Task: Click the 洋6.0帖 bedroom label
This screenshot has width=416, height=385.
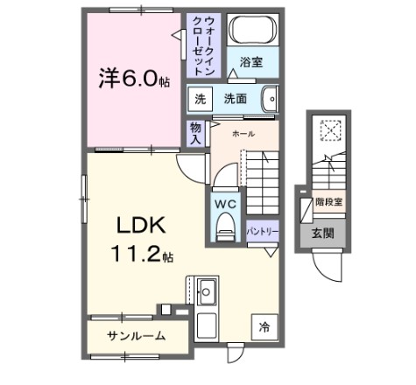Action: [132, 78]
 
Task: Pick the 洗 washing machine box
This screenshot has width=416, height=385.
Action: [201, 99]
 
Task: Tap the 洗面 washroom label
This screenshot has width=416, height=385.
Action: [234, 99]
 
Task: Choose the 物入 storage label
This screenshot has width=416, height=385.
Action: [196, 132]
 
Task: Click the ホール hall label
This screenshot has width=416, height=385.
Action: [244, 134]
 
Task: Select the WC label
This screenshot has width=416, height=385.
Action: [226, 205]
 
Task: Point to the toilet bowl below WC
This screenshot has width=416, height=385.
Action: [226, 229]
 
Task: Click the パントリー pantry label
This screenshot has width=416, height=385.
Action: [262, 231]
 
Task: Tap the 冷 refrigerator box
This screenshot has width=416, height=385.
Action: [263, 328]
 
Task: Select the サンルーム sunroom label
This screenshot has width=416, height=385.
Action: [137, 336]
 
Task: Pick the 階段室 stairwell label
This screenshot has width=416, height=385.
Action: [328, 202]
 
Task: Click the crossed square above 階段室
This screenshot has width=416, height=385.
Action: [330, 130]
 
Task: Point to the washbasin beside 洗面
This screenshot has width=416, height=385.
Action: [269, 99]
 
